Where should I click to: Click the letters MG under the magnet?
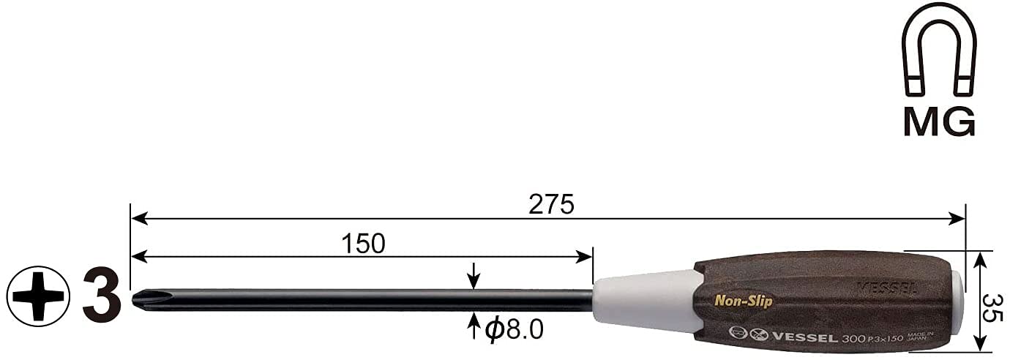(x=939, y=121)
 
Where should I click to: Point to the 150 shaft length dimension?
(x=363, y=244)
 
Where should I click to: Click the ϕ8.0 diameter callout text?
(x=514, y=330)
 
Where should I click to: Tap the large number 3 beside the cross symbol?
(x=101, y=296)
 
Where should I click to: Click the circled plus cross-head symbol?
(x=38, y=296)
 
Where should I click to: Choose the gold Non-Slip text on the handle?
(x=743, y=301)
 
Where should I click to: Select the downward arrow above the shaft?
(x=474, y=277)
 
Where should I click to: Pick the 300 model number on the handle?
(x=851, y=340)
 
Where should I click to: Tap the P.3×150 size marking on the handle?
(x=884, y=340)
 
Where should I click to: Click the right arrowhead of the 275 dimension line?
(x=958, y=218)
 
